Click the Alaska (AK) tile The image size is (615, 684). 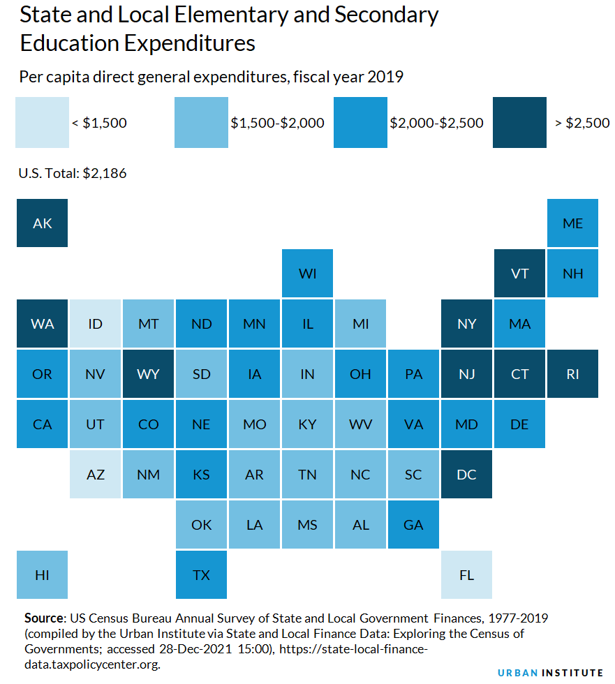point(42,223)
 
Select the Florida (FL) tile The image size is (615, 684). point(466,575)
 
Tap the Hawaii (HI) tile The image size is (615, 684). point(42,575)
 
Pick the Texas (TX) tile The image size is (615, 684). point(201,575)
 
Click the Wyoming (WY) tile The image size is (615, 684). point(148,374)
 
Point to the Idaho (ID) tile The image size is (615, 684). point(95,324)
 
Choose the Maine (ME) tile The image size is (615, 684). point(572,223)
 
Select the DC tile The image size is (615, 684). point(466,475)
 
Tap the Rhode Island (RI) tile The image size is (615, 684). point(572,374)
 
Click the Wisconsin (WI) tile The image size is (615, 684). point(307,274)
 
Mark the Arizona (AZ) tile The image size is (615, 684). point(95,475)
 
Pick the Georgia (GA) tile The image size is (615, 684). point(413,525)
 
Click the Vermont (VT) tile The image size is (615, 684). point(519,274)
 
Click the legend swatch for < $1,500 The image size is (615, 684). point(42,123)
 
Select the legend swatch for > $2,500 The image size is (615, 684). point(519,123)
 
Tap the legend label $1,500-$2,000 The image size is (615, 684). point(277,124)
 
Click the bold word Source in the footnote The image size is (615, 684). point(44,618)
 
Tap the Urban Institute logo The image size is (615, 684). point(550,672)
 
